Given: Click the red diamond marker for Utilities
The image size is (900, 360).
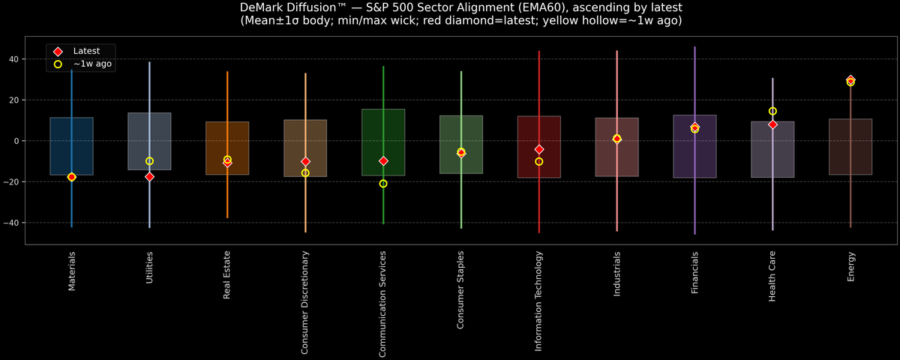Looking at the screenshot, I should click(x=149, y=177).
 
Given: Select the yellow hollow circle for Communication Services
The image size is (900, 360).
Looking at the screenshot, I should click(x=383, y=184).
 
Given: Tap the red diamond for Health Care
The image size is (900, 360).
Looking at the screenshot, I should click(x=772, y=124).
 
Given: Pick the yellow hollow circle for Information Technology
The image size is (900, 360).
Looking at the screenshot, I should click(x=539, y=161).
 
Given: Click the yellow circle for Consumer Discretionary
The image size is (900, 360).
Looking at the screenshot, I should click(x=305, y=173).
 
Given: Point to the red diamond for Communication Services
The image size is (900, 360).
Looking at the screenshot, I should click(x=383, y=161).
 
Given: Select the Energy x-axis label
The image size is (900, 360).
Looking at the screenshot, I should click(x=850, y=266).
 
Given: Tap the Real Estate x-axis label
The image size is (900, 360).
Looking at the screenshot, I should click(x=227, y=276).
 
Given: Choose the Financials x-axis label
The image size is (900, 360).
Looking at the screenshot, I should click(x=695, y=273).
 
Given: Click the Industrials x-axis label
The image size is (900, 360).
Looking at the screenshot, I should click(x=616, y=274).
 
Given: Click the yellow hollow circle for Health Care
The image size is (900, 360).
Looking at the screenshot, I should click(x=772, y=111).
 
